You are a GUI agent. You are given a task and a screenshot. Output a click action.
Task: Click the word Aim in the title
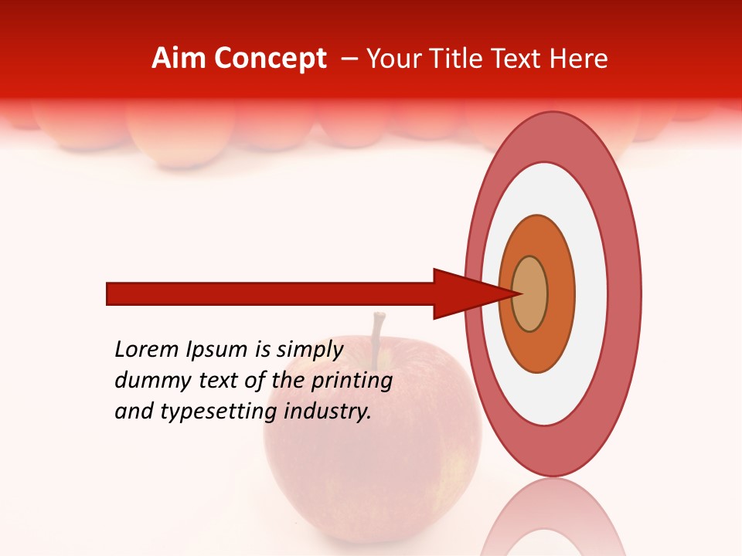click(x=177, y=59)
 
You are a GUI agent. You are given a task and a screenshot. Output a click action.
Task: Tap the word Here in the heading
click(x=580, y=59)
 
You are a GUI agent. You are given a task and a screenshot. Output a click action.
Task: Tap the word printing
click(x=351, y=381)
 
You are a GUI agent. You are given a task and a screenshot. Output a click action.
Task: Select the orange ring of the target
click(x=560, y=294)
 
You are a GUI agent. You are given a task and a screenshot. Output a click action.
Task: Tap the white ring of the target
click(x=592, y=294)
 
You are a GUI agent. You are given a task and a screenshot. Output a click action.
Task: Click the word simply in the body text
click(x=309, y=350)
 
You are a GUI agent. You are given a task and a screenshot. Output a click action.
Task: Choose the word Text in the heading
click(x=519, y=59)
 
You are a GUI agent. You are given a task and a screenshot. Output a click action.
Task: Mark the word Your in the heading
click(x=393, y=59)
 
